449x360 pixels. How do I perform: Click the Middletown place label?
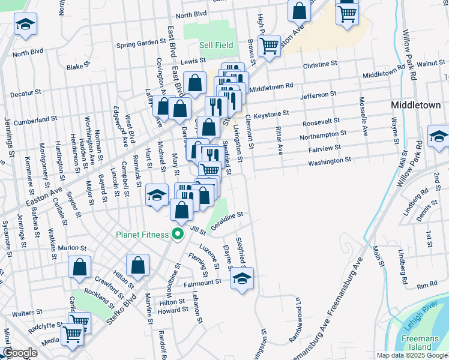tap(415, 104)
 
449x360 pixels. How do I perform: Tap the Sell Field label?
tap(216, 45)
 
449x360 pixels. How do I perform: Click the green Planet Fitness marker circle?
tap(178, 234)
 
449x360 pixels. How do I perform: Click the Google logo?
tap(20, 353)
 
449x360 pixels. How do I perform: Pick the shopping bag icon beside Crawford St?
tap(80, 268)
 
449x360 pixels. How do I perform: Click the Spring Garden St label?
tap(141, 43)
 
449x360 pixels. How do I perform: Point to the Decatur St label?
tap(25, 93)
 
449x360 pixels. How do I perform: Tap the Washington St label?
tap(330, 161)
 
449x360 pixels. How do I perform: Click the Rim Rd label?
tap(430, 285)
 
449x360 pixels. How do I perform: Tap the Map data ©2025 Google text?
tap(411, 355)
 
